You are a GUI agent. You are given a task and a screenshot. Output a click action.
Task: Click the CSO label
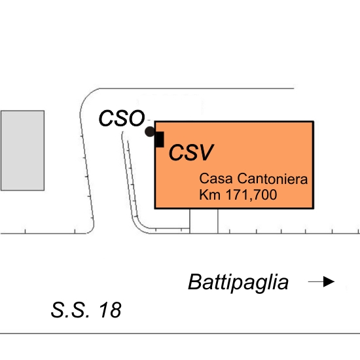[x=122, y=118]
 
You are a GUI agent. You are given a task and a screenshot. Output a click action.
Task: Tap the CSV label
[x=191, y=153]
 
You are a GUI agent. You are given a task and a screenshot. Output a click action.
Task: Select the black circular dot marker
[x=150, y=132]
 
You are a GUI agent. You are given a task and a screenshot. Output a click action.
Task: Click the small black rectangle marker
[x=159, y=139]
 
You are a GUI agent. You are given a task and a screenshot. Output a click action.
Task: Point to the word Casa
[x=216, y=179]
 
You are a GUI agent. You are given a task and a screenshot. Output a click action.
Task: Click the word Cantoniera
[x=272, y=179]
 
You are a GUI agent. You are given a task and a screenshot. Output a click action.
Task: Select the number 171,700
[x=251, y=195]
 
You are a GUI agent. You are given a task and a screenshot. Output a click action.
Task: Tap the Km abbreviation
[x=210, y=194]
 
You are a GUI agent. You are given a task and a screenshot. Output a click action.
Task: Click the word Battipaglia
[x=238, y=282]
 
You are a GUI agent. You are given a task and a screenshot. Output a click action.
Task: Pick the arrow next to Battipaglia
[x=321, y=281]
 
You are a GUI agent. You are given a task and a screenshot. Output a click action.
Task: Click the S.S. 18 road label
[x=86, y=310]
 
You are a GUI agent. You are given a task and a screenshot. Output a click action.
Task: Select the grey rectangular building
[x=22, y=151]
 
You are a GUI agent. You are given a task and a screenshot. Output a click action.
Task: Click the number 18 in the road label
[x=110, y=310]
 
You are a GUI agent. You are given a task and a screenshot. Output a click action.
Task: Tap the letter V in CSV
[x=205, y=153]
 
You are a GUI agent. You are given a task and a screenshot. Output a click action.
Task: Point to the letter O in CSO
[x=136, y=118]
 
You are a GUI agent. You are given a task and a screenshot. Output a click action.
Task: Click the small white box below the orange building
[x=204, y=221]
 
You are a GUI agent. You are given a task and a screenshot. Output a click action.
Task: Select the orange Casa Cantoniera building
[x=234, y=165]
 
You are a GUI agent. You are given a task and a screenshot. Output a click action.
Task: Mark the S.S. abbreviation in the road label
[x=70, y=310]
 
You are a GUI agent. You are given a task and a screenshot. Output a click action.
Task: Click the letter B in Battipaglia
[x=196, y=281]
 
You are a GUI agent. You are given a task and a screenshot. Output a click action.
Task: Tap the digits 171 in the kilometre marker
[x=238, y=194]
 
